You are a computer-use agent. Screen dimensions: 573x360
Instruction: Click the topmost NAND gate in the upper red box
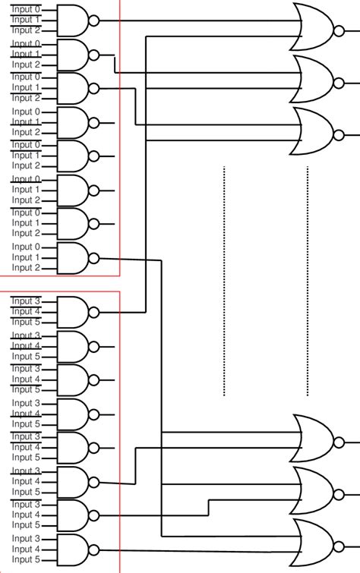point(72,20)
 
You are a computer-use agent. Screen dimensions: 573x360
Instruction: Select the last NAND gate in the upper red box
point(72,257)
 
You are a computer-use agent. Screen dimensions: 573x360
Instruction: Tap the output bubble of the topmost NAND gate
point(94,20)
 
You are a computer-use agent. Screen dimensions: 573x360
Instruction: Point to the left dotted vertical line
point(224,281)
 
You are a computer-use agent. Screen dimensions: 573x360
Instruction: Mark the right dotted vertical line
point(308,281)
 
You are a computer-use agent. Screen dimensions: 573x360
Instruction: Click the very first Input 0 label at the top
point(26,9)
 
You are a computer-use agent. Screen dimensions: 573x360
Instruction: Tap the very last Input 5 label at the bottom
point(26,559)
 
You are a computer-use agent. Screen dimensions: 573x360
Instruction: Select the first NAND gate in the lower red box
point(72,312)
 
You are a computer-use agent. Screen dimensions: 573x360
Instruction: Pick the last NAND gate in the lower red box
point(72,549)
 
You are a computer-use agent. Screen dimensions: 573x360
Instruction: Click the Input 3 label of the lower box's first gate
point(26,301)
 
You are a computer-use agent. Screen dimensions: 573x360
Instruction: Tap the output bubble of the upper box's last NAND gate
point(94,258)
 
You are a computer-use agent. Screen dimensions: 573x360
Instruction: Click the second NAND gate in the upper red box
point(72,55)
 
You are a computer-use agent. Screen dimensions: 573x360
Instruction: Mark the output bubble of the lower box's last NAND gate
point(94,549)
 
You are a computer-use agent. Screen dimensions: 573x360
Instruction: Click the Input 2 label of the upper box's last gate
point(26,268)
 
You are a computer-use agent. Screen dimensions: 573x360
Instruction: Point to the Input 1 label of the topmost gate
point(26,20)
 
